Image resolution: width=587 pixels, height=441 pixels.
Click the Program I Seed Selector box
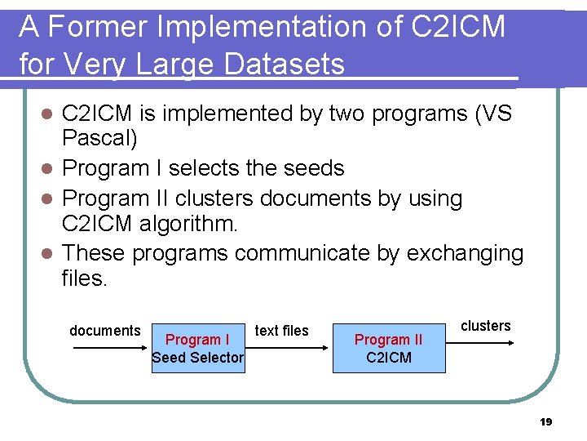tap(197, 348)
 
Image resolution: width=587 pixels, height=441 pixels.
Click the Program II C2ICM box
tap(389, 348)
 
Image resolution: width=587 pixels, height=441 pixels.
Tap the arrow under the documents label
tap(107, 347)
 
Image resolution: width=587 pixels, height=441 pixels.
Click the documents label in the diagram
tap(104, 331)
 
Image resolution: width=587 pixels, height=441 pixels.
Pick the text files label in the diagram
tap(282, 331)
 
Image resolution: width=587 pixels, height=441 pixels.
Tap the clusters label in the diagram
tap(486, 326)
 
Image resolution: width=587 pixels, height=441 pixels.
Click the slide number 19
tap(546, 422)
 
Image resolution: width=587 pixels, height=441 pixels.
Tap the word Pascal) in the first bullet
tap(99, 139)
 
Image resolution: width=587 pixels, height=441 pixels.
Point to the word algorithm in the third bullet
tap(188, 225)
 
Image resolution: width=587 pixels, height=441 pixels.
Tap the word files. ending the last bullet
tap(84, 279)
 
